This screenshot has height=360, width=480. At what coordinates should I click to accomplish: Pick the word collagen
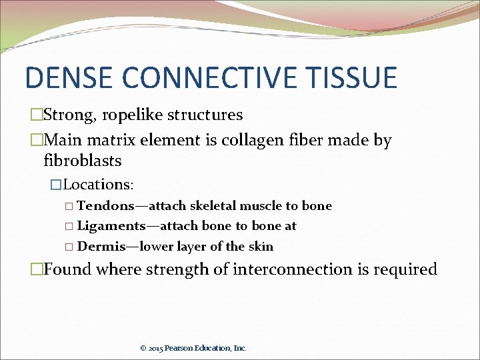(x=257, y=141)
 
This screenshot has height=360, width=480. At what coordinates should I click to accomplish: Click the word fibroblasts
(x=82, y=161)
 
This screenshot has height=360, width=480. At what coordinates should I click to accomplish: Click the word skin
(x=261, y=247)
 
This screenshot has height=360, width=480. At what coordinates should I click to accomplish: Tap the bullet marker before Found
(x=37, y=270)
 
